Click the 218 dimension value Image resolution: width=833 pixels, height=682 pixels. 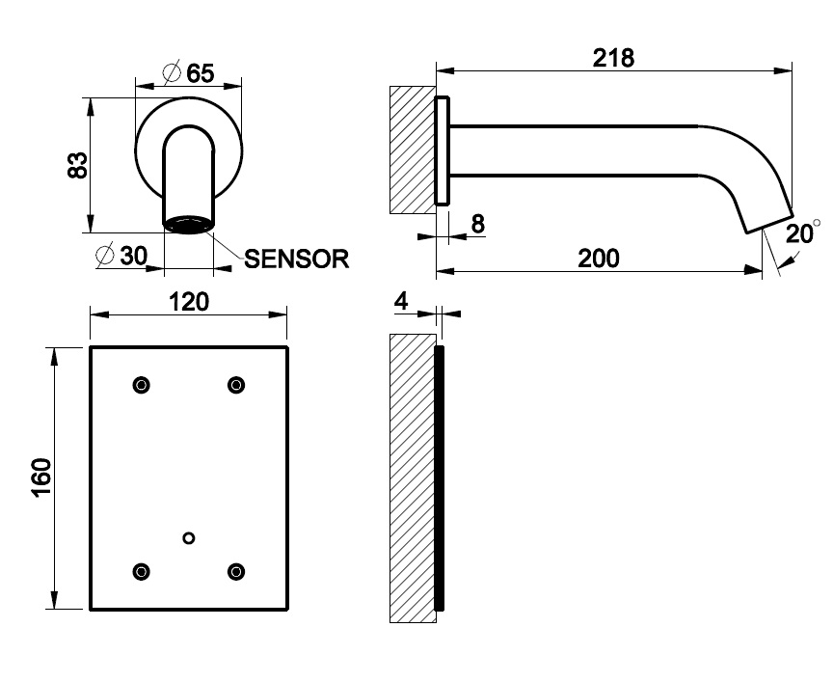pos(614,58)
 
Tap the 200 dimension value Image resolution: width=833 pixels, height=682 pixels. pos(599,258)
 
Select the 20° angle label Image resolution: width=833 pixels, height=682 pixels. pos(801,233)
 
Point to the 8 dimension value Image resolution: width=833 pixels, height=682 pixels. pos(477,224)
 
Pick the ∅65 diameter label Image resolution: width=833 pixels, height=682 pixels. pos(188,73)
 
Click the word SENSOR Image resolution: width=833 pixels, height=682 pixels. pos(295,259)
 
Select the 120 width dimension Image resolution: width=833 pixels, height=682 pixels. pos(189,301)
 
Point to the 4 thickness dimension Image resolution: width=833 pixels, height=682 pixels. pos(402,301)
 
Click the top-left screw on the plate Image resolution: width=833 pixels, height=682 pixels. pos(143,385)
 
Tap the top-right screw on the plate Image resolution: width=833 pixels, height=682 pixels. pos(235,385)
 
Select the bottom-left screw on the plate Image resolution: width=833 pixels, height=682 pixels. pos(143,571)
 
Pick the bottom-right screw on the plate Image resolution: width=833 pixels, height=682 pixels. pos(235,571)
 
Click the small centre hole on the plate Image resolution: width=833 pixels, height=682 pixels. pos(189,537)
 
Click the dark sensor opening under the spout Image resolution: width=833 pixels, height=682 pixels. pos(188,226)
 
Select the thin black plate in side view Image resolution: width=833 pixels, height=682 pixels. pos(439,477)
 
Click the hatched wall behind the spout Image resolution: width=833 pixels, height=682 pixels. pos(411,150)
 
